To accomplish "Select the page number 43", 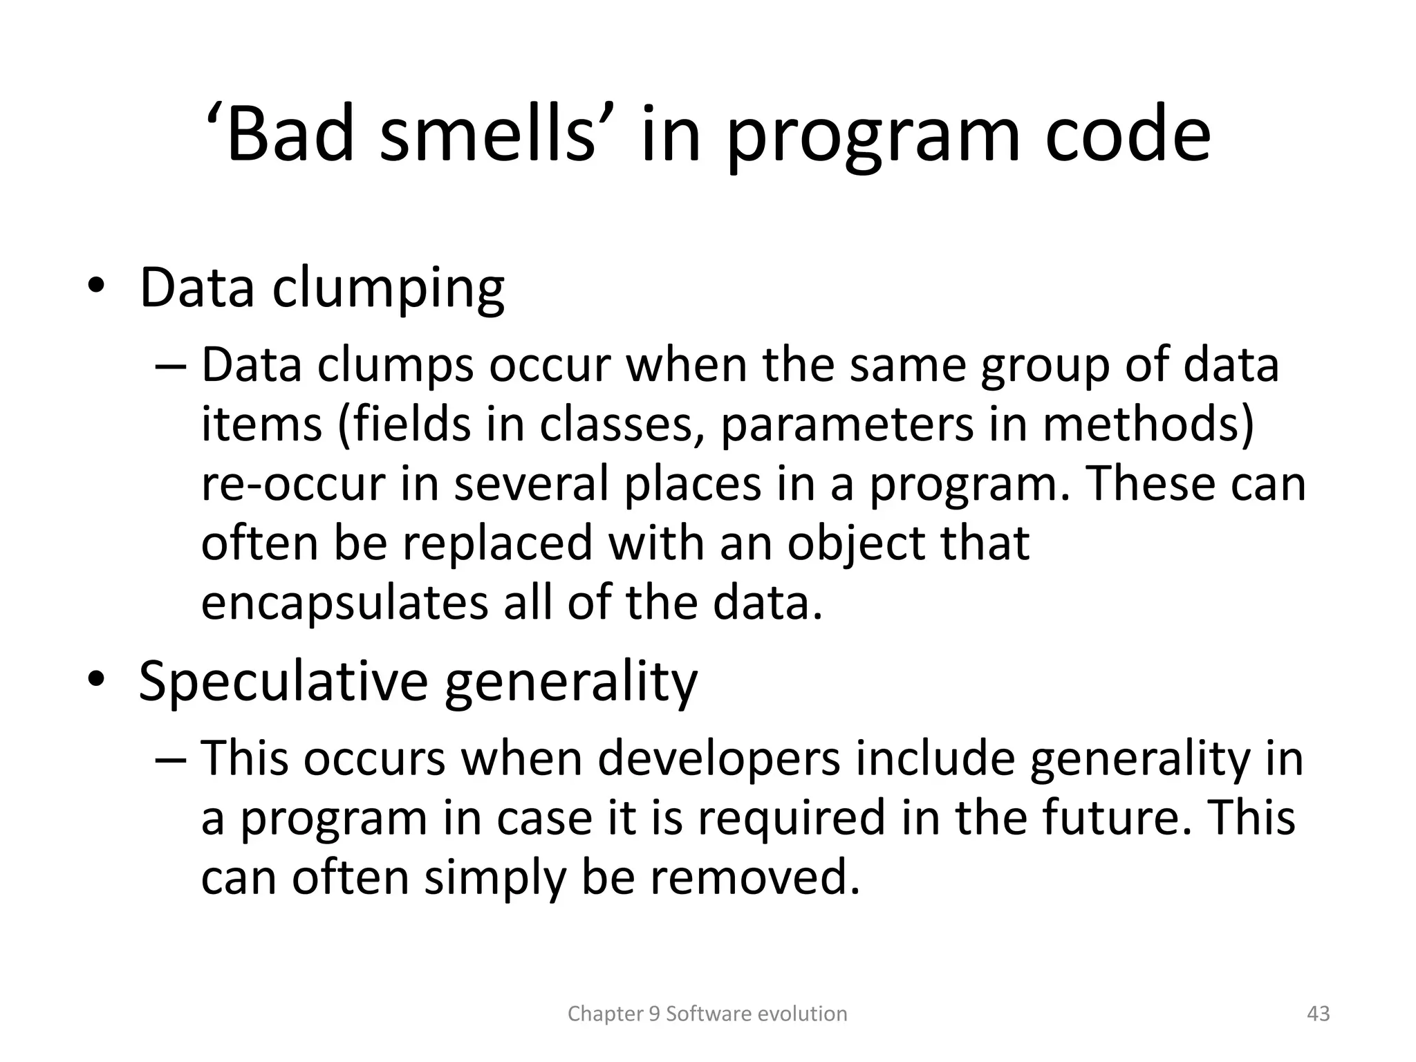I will pos(1319,1014).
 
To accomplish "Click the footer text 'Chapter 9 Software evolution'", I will pos(707,1014).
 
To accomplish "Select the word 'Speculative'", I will pos(283,681).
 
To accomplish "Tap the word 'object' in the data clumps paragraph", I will pos(856,543).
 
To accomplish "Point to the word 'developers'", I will pos(719,758).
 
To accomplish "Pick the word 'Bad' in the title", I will pos(290,135).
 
